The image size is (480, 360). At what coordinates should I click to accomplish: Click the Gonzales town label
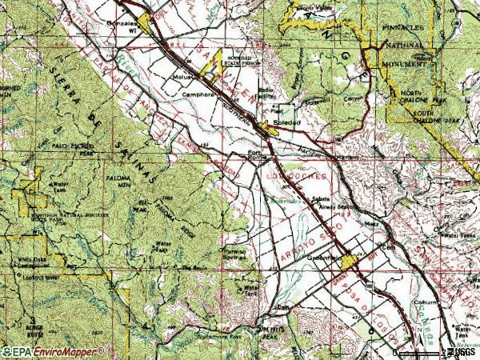(x=122, y=24)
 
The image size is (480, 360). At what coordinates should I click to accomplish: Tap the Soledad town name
(x=289, y=123)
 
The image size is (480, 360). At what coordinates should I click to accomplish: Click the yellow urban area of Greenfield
(x=349, y=262)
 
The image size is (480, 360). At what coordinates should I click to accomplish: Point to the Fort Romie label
(x=254, y=155)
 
